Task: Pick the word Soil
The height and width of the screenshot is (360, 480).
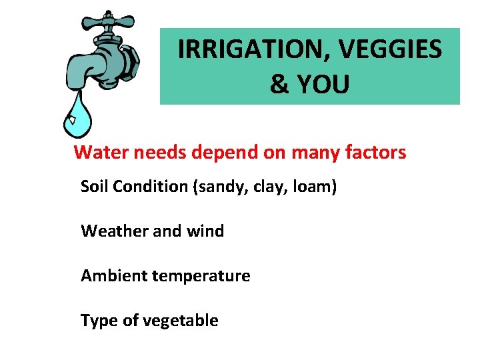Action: point(95,187)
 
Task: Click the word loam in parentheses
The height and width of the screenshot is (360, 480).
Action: point(313,187)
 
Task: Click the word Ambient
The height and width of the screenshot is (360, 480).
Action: point(114,276)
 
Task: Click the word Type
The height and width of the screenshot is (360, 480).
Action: point(97,321)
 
